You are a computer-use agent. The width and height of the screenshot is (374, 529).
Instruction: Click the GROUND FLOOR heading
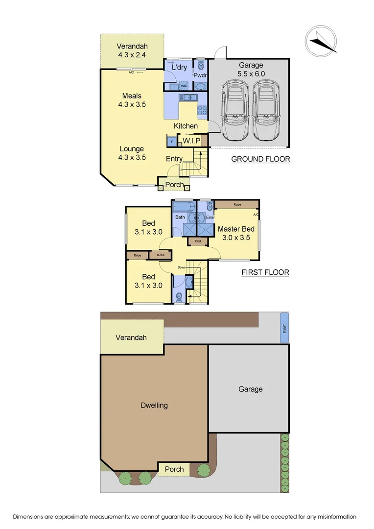click(x=260, y=159)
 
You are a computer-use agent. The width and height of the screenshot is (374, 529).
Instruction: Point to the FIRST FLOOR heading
click(x=265, y=272)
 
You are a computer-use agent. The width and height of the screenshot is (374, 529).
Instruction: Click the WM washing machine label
click(x=184, y=86)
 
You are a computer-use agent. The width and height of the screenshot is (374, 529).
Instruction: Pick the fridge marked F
click(x=171, y=142)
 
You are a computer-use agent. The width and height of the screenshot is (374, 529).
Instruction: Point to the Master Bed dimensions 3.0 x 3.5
click(x=236, y=238)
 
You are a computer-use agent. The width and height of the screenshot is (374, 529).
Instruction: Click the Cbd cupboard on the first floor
click(x=198, y=241)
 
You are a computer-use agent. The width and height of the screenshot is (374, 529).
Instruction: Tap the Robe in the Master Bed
click(x=237, y=204)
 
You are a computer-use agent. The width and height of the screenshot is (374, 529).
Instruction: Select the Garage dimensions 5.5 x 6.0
click(x=251, y=74)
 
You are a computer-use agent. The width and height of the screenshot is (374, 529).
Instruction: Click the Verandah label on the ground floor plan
click(x=132, y=47)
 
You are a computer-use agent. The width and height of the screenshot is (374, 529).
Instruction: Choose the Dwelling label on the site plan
click(x=154, y=405)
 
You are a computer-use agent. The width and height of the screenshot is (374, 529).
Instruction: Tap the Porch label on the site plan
click(x=174, y=469)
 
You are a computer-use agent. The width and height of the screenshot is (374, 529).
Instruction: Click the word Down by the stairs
click(x=182, y=267)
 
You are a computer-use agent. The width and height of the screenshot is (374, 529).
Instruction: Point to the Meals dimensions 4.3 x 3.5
click(x=132, y=104)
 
